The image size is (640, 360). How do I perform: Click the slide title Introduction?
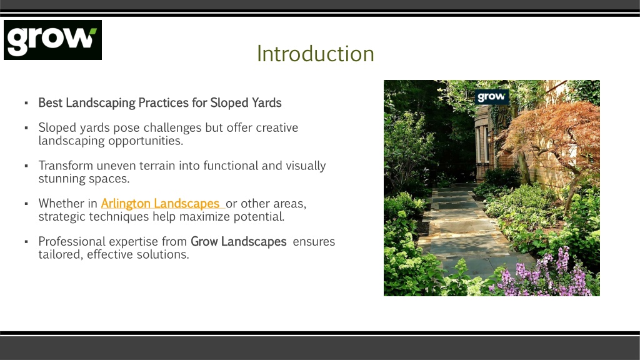pyautogui.click(x=316, y=54)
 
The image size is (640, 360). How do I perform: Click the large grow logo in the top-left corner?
pyautogui.click(x=52, y=40)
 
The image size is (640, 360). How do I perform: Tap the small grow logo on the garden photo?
pyautogui.click(x=491, y=97)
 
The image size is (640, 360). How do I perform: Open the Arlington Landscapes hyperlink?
pyautogui.click(x=161, y=203)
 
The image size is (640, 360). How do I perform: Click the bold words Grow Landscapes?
pyautogui.click(x=238, y=242)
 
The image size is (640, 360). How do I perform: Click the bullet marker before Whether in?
pyautogui.click(x=26, y=204)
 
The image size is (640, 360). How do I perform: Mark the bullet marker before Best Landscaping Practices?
pyautogui.click(x=26, y=103)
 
